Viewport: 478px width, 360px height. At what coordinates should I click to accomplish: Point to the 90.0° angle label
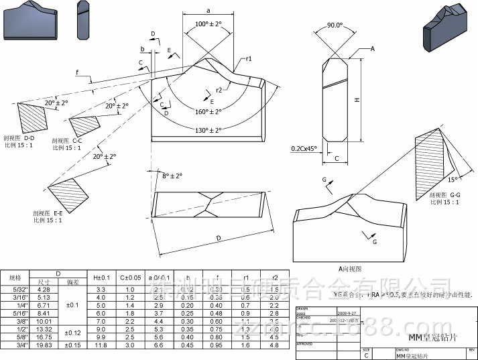(x=335, y=25)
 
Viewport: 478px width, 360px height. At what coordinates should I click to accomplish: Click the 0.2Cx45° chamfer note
(x=305, y=148)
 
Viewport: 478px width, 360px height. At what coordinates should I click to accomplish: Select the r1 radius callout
(x=249, y=59)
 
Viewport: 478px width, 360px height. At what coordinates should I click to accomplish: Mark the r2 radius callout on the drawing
(x=219, y=89)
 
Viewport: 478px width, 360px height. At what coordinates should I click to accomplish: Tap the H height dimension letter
(x=357, y=100)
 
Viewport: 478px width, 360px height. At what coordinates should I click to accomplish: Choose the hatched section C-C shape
(x=84, y=125)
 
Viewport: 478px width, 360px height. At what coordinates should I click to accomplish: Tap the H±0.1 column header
(x=101, y=277)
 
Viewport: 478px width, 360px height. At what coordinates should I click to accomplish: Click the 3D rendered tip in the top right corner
(x=445, y=28)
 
